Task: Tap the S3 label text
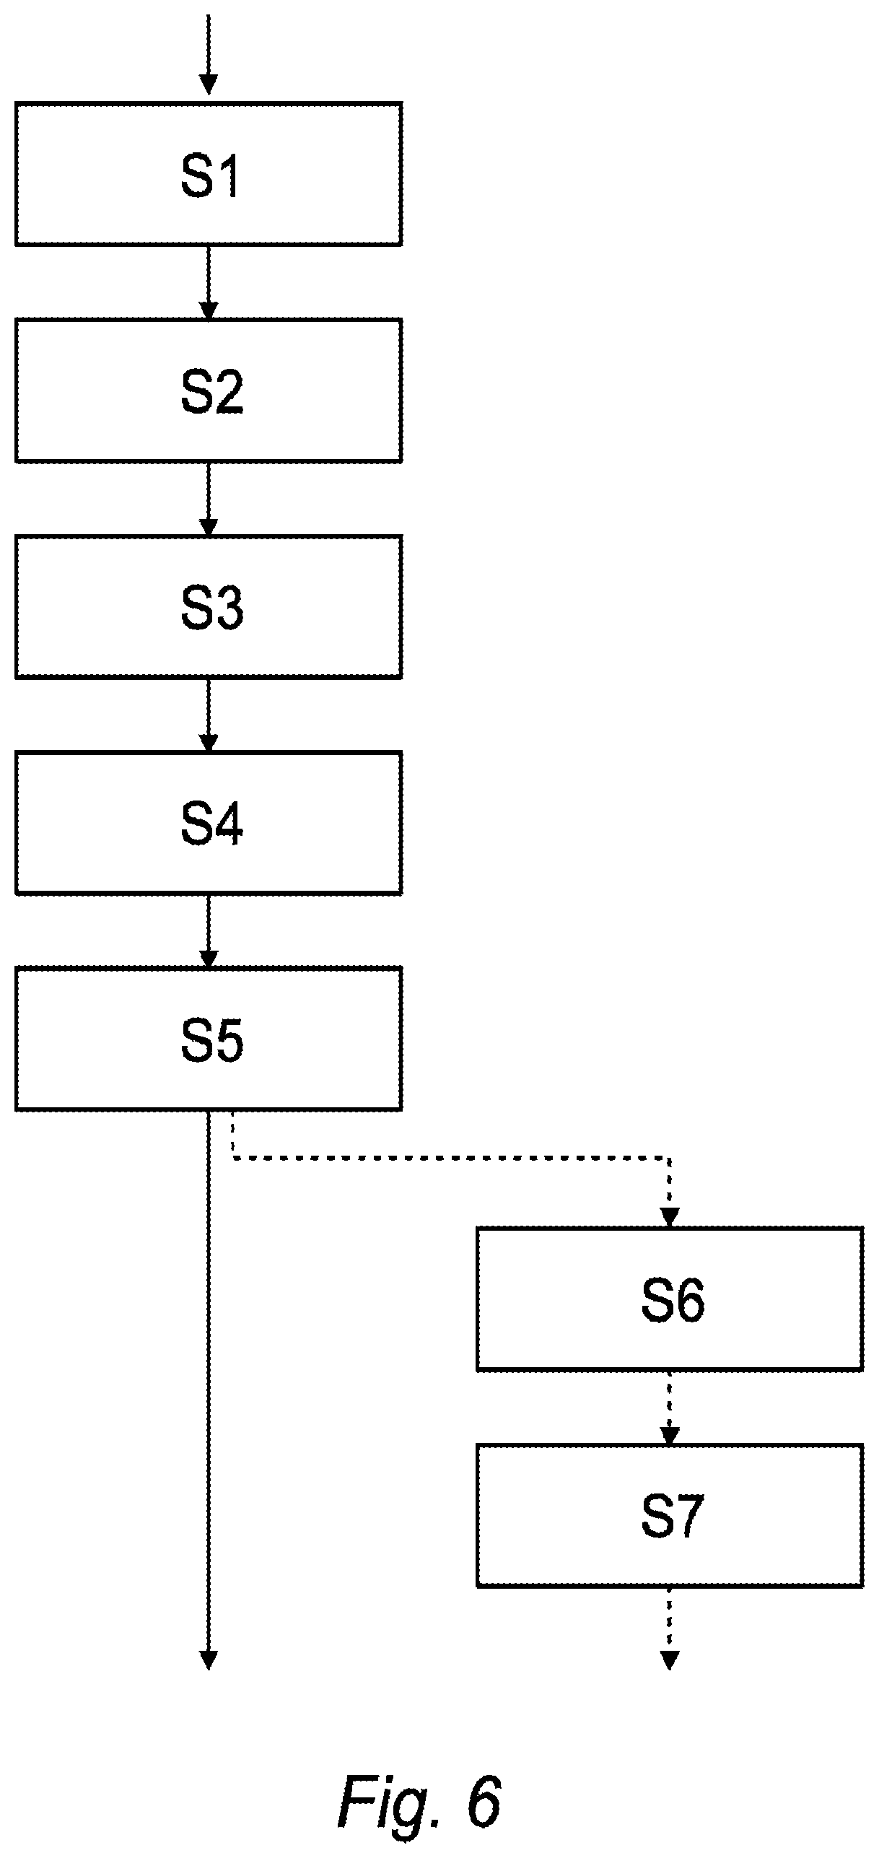click(x=211, y=609)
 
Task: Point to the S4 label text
click(x=211, y=825)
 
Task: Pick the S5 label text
click(x=211, y=1040)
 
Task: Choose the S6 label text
click(x=673, y=1300)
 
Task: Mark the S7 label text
click(x=671, y=1517)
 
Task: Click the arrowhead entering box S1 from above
click(x=209, y=85)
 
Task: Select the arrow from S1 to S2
click(x=209, y=282)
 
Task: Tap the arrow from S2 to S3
click(x=209, y=499)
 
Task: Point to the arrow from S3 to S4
click(x=209, y=715)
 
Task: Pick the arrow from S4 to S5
click(x=209, y=931)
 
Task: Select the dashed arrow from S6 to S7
click(x=670, y=1408)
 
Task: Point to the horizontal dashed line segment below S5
click(x=451, y=1159)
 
